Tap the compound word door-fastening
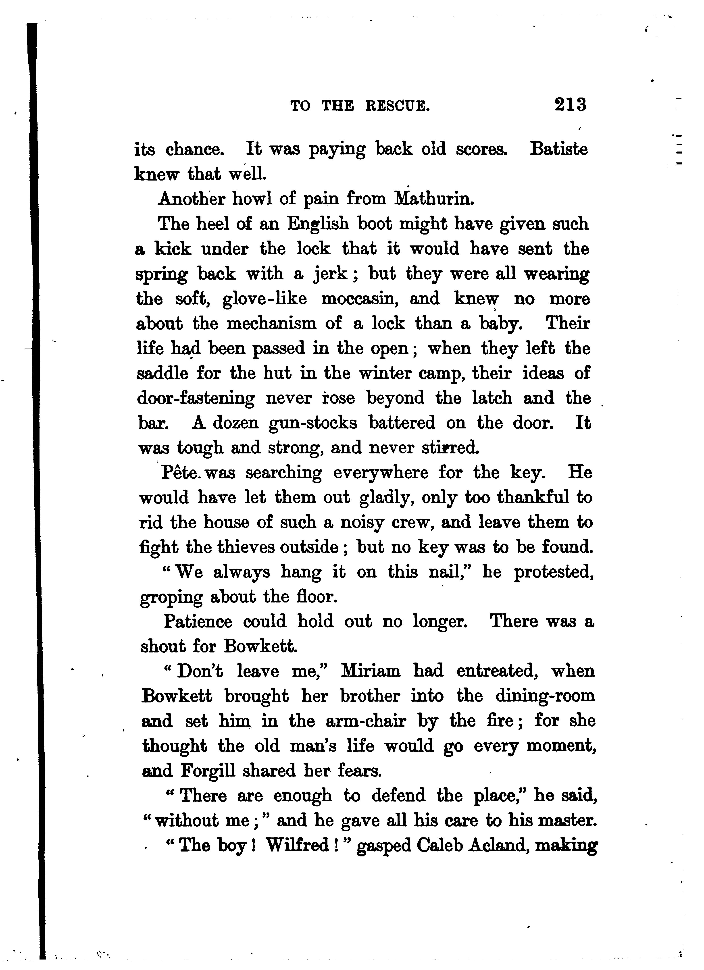(196, 399)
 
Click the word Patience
(198, 621)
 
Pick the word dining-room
(545, 696)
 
